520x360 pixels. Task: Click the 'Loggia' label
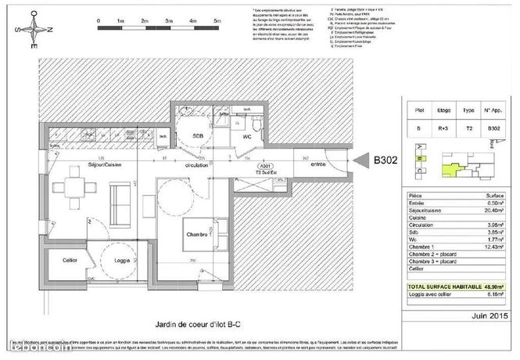pos(121,260)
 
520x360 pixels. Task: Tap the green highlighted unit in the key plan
pos(450,166)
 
